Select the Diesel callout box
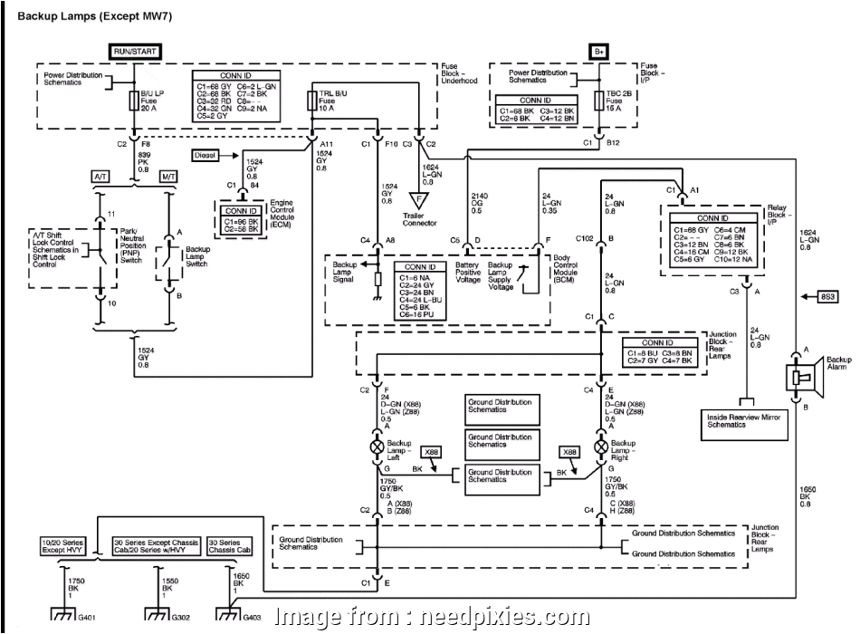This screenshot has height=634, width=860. click(x=205, y=155)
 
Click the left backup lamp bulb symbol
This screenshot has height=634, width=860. click(x=377, y=447)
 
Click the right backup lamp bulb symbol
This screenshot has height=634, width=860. click(x=599, y=447)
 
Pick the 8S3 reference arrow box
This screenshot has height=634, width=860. click(x=827, y=296)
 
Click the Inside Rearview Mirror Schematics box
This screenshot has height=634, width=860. click(x=742, y=420)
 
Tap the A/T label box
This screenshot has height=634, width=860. click(x=99, y=177)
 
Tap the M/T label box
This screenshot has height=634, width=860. click(x=168, y=177)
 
